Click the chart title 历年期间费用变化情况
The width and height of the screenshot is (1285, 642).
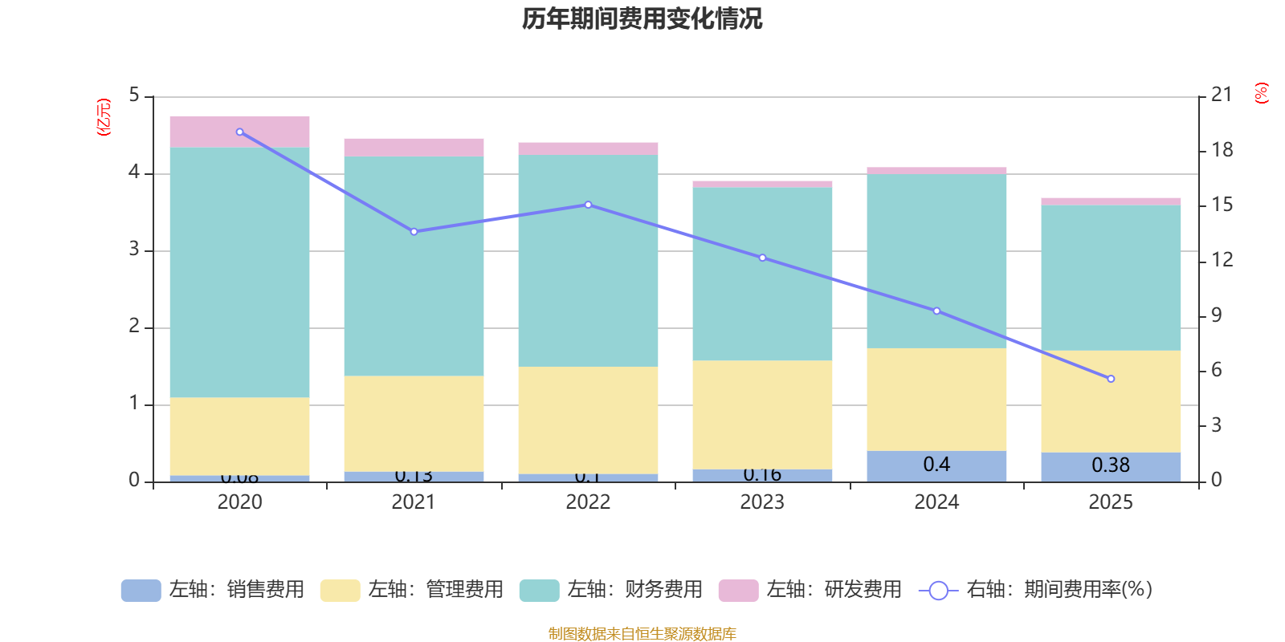click(x=642, y=18)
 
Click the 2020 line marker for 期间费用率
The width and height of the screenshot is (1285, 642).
click(x=240, y=132)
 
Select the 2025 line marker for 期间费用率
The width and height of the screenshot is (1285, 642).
click(x=1111, y=379)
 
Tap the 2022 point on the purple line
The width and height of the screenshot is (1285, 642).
click(x=589, y=205)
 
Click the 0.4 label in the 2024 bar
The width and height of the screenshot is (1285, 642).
click(x=936, y=465)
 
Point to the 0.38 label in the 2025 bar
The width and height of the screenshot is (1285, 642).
click(x=1111, y=465)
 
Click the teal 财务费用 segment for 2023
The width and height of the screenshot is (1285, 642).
click(x=762, y=274)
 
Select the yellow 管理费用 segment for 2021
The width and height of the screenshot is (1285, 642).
click(x=414, y=424)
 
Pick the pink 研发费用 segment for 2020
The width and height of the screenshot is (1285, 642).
click(x=240, y=132)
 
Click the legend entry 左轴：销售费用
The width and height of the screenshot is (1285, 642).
click(x=213, y=590)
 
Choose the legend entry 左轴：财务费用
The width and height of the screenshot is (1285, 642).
click(x=611, y=590)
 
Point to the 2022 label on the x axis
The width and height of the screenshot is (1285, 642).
click(x=588, y=502)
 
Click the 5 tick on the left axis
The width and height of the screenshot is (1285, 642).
click(x=134, y=95)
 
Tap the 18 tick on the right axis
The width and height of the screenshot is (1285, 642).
click(x=1222, y=150)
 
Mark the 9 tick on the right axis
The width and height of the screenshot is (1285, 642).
click(x=1217, y=315)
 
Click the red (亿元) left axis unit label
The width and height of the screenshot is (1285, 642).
click(x=104, y=117)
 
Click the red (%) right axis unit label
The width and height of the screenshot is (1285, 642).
click(x=1262, y=93)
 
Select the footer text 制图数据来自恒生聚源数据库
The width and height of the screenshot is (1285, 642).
click(x=642, y=634)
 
